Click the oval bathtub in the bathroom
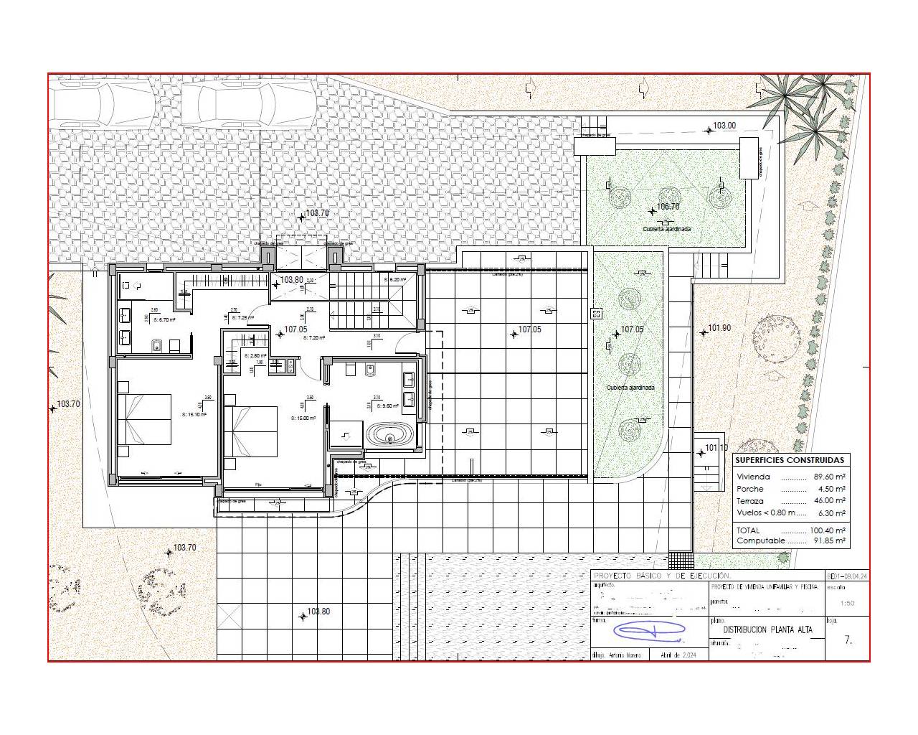pos(389,435)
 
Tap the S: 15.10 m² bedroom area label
pos(194,414)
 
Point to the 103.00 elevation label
pos(724,126)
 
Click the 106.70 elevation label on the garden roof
pos(668,207)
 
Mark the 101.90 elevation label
pos(719,328)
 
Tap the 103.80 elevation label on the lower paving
pos(318,612)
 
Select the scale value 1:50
pos(846,603)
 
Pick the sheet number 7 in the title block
pos(848,640)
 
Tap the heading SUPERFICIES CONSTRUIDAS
pos(790,460)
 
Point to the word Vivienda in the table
pos(753,477)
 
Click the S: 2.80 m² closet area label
pos(255,355)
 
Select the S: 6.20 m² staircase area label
pos(395,279)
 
